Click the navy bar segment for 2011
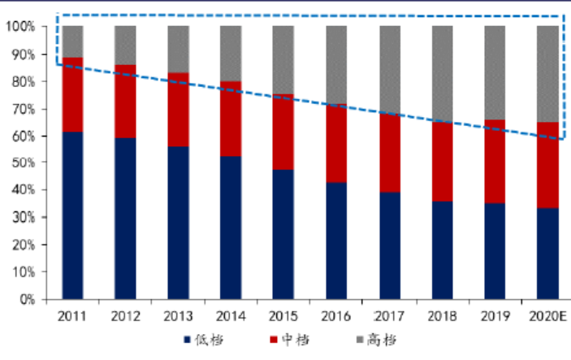click(x=72, y=215)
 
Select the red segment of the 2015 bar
click(x=283, y=132)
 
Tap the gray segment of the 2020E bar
click(x=547, y=73)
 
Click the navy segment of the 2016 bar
click(x=336, y=241)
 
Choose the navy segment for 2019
click(x=495, y=251)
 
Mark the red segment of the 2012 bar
click(x=125, y=101)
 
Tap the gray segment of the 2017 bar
click(x=390, y=69)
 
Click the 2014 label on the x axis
click(x=231, y=314)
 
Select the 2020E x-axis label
click(x=547, y=314)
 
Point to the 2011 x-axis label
click(x=72, y=314)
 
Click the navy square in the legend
click(x=187, y=339)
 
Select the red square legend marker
click(x=272, y=339)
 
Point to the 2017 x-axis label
click(x=389, y=314)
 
